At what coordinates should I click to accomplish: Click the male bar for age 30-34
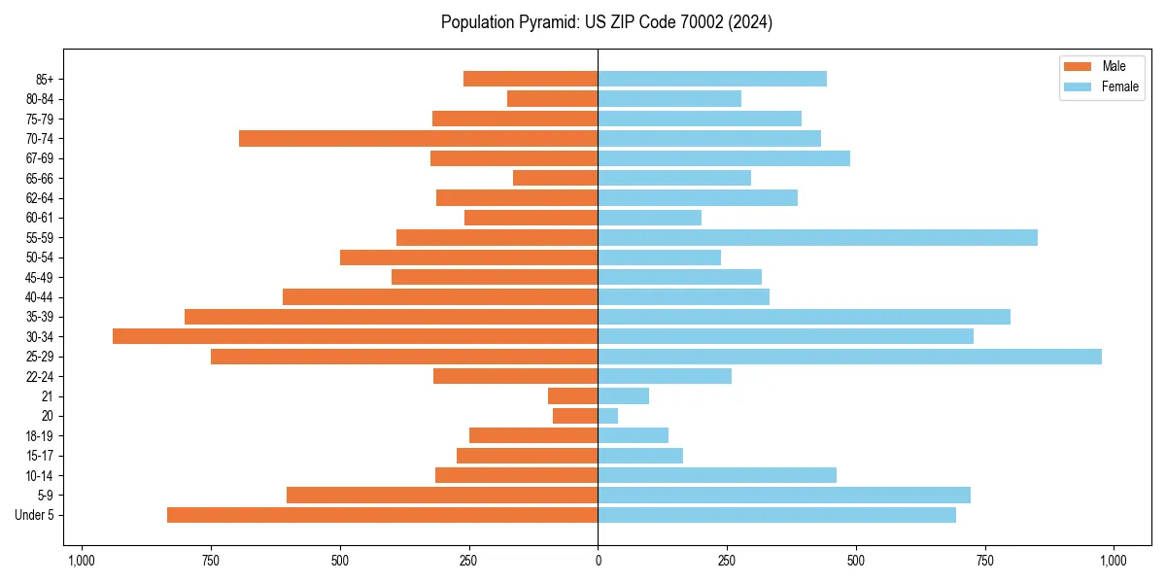[355, 336]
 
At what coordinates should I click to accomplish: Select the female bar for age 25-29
[849, 357]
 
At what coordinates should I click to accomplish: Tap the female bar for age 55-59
[817, 238]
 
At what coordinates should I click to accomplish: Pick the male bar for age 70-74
[418, 139]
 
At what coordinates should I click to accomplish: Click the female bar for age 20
[608, 416]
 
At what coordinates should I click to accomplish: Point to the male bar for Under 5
[382, 515]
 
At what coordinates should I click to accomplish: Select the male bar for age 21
[573, 396]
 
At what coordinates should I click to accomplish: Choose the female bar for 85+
[712, 79]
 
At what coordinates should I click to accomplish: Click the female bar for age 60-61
[649, 218]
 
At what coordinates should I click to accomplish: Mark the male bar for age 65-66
[555, 178]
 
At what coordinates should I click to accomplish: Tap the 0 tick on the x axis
[598, 561]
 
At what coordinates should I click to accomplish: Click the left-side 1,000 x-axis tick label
[81, 561]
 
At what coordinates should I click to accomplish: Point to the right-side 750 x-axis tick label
[985, 561]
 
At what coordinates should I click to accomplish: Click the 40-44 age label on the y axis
[39, 297]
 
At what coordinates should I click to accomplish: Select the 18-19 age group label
[39, 436]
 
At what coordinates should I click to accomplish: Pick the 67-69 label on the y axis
[39, 158]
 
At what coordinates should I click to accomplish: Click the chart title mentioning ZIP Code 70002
[606, 22]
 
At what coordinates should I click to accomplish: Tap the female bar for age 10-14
[717, 475]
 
